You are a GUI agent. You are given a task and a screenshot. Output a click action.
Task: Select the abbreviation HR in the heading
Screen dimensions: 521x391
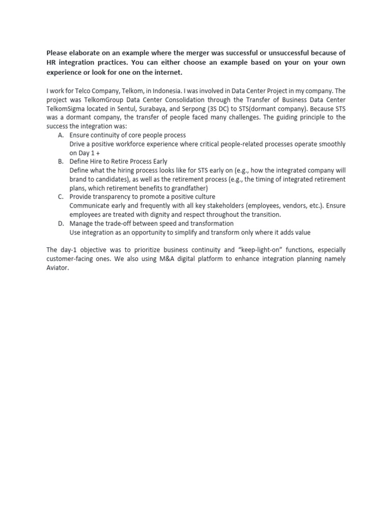[x=51, y=63]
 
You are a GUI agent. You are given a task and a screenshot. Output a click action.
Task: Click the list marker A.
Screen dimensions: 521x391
[x=61, y=135]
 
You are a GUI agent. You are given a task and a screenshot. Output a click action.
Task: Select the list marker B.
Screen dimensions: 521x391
[x=61, y=162]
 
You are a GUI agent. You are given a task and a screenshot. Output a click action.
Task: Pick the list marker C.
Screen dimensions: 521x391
[x=61, y=197]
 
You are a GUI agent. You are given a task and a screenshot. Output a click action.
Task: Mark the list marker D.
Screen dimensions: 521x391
[x=61, y=223]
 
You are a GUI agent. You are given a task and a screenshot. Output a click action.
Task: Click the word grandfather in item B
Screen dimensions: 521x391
[x=188, y=188]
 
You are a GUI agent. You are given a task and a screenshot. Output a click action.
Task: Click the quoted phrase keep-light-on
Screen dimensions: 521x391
[x=260, y=250]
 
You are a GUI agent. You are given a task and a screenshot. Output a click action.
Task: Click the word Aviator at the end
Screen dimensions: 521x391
[x=57, y=268]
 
